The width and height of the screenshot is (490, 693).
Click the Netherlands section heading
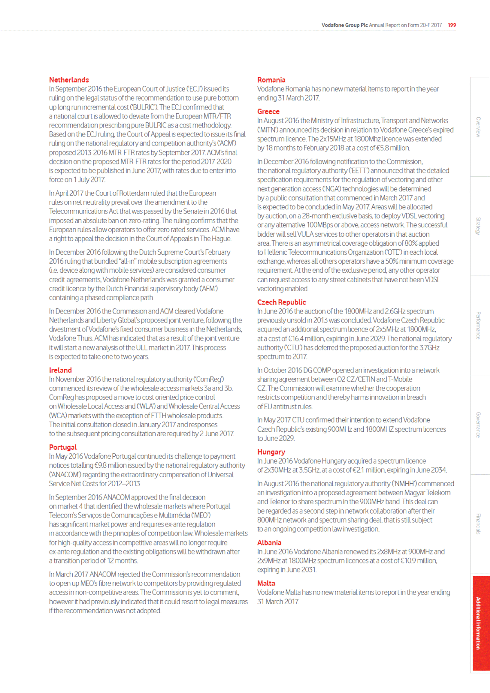tap(69, 80)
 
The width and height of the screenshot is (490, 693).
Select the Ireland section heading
tap(60, 370)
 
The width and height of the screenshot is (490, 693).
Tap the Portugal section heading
tap(63, 447)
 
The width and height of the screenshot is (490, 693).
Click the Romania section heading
tap(271, 80)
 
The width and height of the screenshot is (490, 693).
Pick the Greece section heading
tap(268, 112)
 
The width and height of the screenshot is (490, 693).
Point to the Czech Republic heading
tap(282, 302)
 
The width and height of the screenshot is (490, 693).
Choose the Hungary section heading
tap(271, 452)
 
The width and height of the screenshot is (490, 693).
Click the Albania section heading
tap(269, 543)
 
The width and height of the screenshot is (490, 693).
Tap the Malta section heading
tap(266, 583)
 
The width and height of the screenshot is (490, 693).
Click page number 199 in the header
tap(452, 25)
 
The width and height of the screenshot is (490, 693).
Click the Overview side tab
tap(478, 127)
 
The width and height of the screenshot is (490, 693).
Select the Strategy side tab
tap(478, 226)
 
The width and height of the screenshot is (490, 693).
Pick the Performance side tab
tap(478, 325)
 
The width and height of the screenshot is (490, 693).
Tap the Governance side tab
tap(478, 425)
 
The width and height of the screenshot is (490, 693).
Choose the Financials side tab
tap(478, 524)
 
